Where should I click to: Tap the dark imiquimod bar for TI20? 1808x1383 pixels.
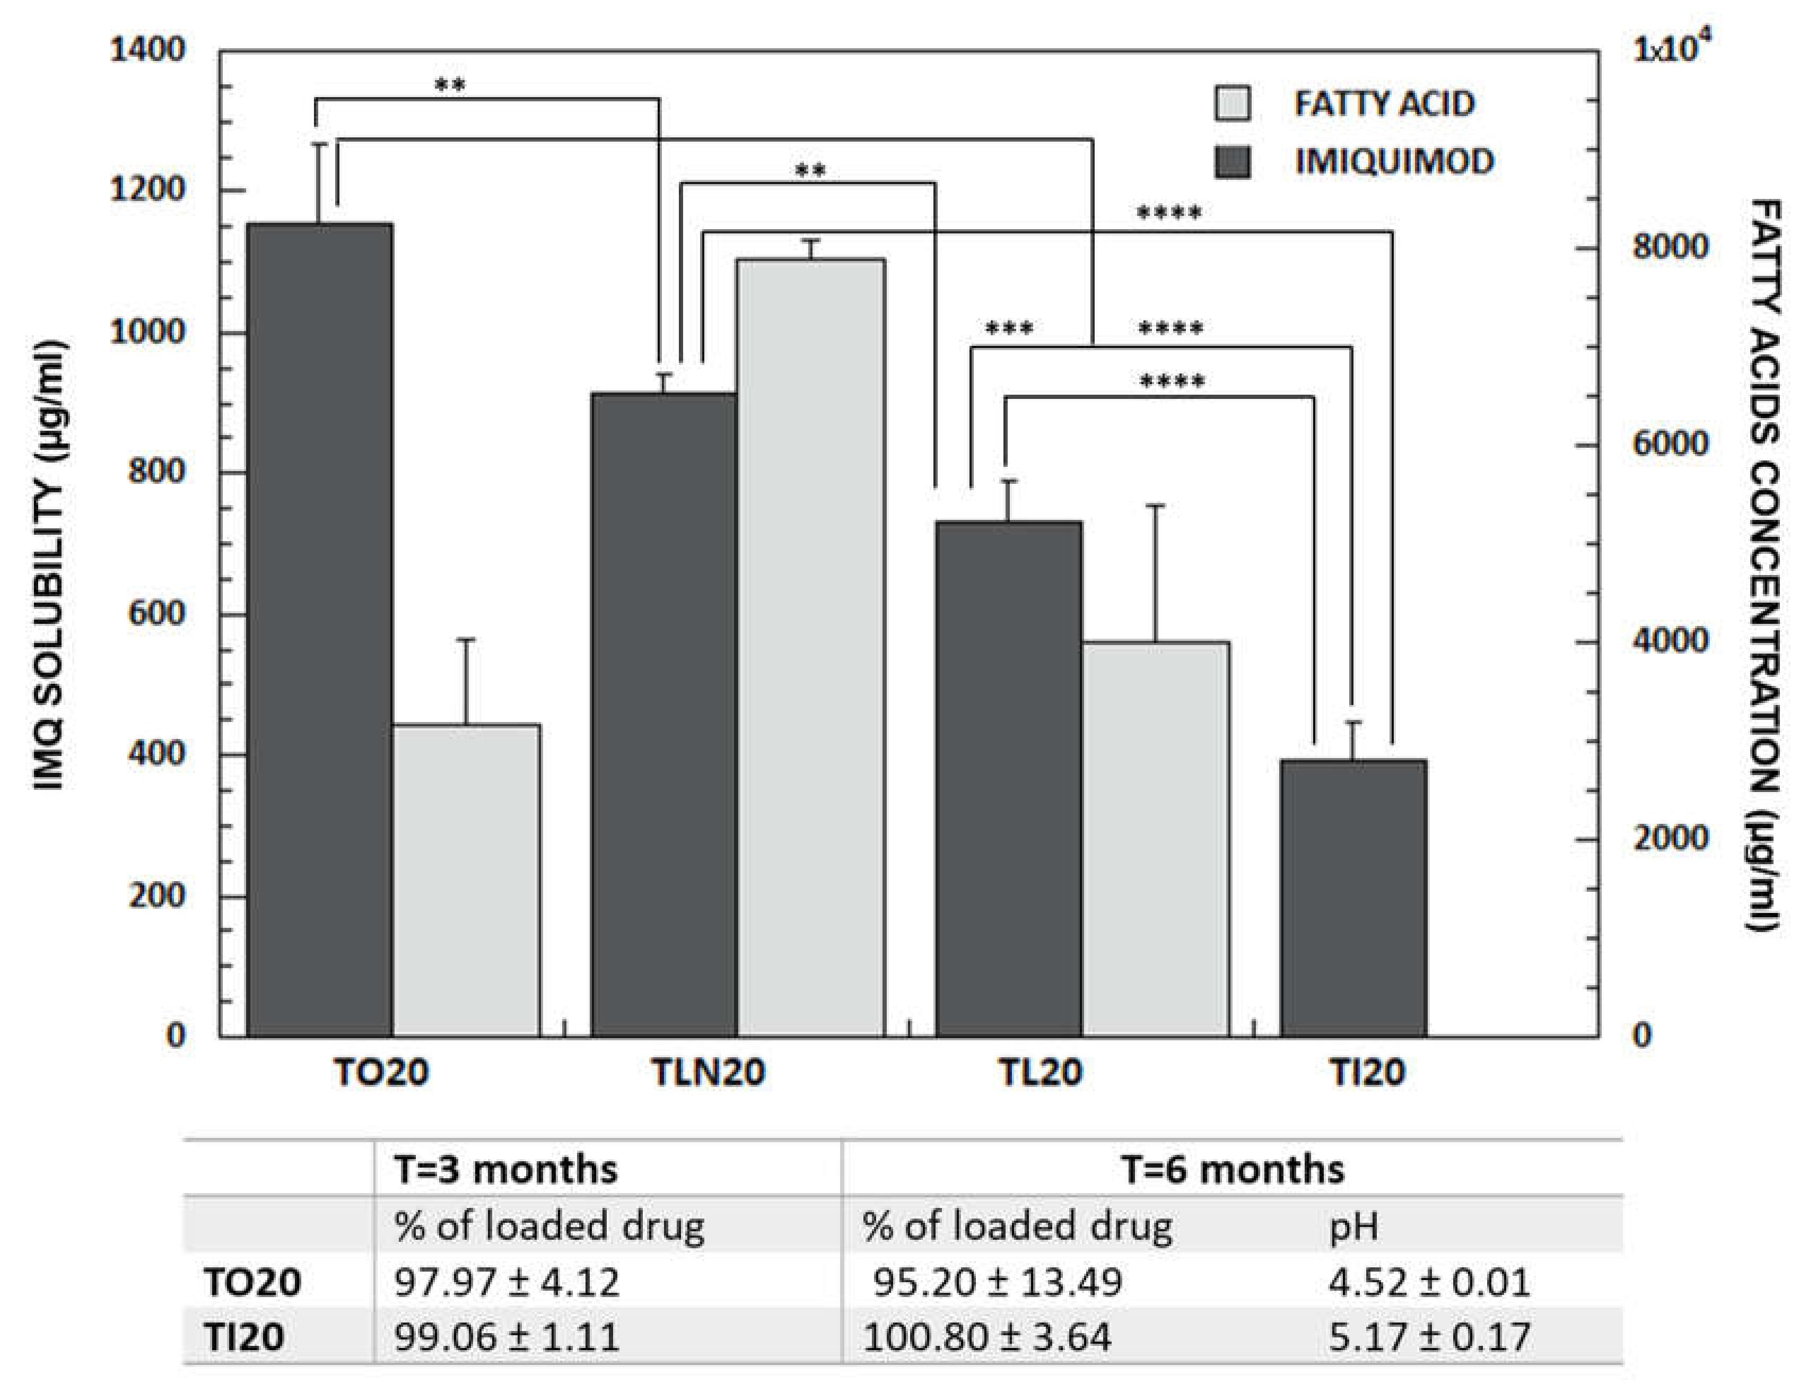coord(1353,897)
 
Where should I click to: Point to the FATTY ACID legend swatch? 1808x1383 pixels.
coord(1232,105)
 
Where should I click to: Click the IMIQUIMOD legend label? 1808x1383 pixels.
coord(1394,161)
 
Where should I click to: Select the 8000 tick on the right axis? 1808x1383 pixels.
coord(1671,247)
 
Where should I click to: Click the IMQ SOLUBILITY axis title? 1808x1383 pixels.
coord(49,567)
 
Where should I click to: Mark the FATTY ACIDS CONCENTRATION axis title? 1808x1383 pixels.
coord(1763,567)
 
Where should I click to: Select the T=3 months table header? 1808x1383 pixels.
coord(505,1169)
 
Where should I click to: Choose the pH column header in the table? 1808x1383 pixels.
coord(1353,1226)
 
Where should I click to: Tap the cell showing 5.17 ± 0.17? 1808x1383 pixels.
coord(1429,1336)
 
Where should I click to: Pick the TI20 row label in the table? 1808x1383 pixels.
coord(243,1336)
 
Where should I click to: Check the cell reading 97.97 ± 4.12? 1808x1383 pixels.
coord(506,1282)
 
